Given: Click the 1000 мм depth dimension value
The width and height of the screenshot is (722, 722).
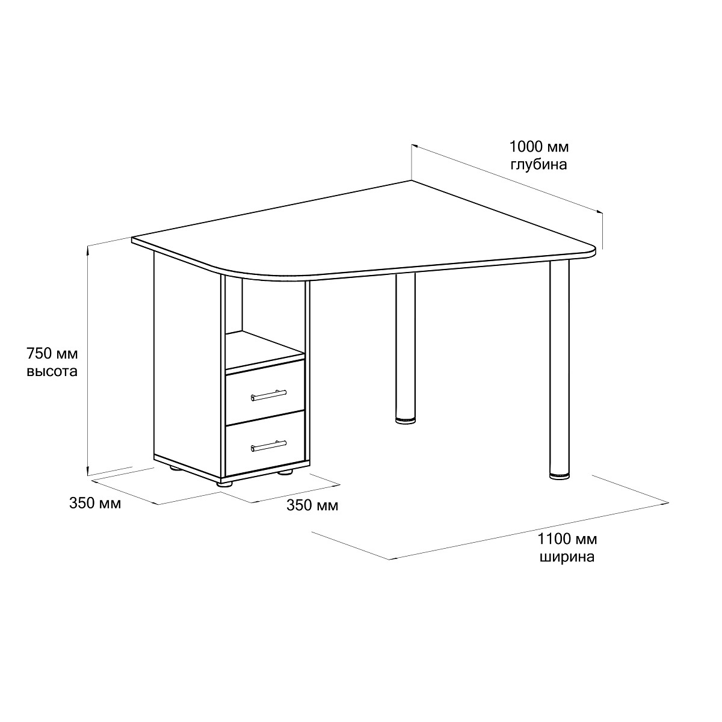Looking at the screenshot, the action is click(538, 147).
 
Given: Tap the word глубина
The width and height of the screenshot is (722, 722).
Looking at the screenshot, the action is click(538, 165).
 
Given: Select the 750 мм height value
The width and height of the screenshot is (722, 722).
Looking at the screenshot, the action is click(52, 353).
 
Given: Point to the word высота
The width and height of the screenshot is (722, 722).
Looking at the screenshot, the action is click(52, 371).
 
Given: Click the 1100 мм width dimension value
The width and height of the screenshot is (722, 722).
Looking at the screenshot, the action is click(567, 539).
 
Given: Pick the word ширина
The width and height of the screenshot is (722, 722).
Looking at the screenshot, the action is click(567, 557).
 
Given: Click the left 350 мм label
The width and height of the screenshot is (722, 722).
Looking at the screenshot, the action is click(95, 503).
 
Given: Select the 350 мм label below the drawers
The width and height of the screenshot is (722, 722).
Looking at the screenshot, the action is click(312, 505).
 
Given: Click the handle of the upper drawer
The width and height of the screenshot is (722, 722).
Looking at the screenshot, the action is click(268, 395).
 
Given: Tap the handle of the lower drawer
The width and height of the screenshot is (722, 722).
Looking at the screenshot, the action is click(268, 445).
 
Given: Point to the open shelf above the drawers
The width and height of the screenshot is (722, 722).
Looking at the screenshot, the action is click(264, 350).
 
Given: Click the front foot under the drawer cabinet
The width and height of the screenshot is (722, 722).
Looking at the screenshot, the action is click(225, 484).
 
